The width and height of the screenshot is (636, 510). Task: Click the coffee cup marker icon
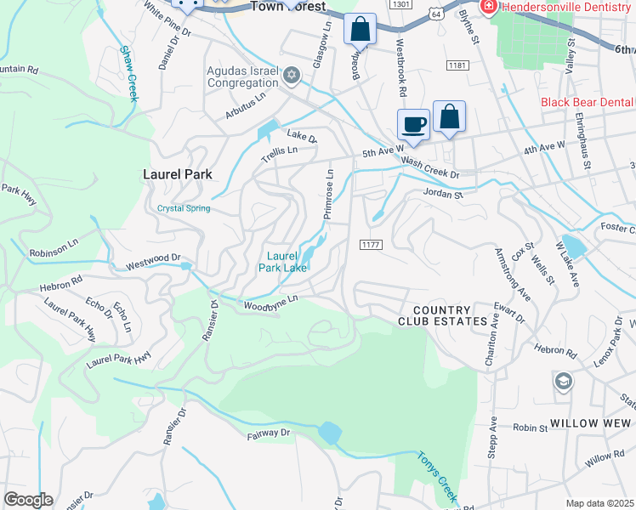point(414,124)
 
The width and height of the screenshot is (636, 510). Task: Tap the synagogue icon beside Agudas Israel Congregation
point(292,76)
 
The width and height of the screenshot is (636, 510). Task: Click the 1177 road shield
point(371,245)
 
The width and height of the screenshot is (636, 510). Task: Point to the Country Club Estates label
point(444,316)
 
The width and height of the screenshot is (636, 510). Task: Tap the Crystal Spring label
point(184,208)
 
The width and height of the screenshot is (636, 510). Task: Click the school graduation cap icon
point(562,381)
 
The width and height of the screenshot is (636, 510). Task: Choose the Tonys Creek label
point(436,475)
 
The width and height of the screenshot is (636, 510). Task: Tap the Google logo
point(27,500)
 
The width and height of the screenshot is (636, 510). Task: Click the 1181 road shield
point(457,65)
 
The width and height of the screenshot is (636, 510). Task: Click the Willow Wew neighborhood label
point(592,422)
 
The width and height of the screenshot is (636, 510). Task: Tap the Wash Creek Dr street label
point(430,173)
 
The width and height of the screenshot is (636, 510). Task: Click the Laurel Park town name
point(177,174)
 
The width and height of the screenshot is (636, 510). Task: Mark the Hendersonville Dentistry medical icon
point(489,8)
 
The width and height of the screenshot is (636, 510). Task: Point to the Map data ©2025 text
point(599,503)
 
